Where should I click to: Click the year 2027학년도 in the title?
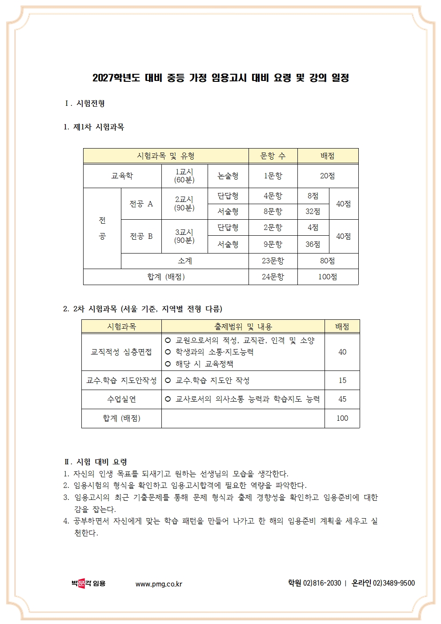coord(116,78)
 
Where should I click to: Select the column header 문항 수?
coord(273,156)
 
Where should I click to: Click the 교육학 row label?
coord(122,176)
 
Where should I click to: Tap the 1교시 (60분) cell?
coord(184,176)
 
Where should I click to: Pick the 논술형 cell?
coord(228,176)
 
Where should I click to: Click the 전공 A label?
coord(141,204)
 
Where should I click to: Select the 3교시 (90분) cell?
coord(184,236)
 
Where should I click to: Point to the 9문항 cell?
coord(273,244)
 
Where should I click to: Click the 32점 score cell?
coord(313,212)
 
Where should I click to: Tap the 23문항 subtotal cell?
coord(273,261)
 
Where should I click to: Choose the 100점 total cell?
coord(327,277)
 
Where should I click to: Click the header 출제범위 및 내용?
coord(243,326)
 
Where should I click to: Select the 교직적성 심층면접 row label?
coord(121,352)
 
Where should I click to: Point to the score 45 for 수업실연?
coord(342,399)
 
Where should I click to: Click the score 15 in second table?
coord(342,380)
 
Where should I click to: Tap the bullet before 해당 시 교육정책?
coord(168,364)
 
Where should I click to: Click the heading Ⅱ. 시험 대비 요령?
coord(96,462)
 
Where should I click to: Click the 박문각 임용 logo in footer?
coord(88,583)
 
